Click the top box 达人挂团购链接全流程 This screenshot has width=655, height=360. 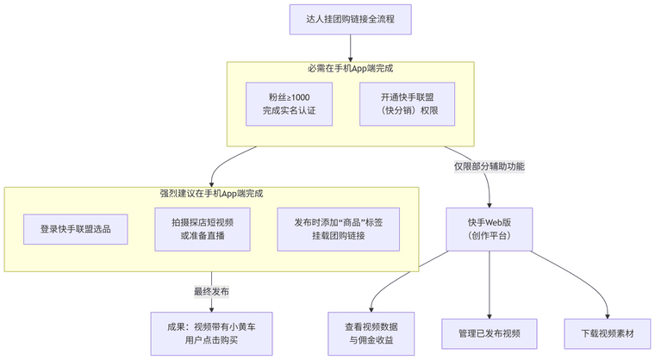[x=351, y=19]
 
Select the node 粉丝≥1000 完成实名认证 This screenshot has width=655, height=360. [x=284, y=104]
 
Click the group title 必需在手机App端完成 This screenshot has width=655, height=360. [x=351, y=68]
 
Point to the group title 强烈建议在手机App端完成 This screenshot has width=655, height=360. [x=211, y=194]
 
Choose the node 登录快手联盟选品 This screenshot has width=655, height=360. [x=77, y=230]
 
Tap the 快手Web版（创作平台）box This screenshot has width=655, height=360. [x=490, y=229]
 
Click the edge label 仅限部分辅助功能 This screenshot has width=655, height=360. [x=490, y=165]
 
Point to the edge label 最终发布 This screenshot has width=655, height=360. [x=211, y=292]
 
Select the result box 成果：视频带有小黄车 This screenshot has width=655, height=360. [x=211, y=333]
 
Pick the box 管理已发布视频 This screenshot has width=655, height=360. [x=490, y=333]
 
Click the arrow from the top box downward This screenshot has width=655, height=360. [x=351, y=48]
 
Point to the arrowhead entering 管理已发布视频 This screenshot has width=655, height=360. [x=490, y=316]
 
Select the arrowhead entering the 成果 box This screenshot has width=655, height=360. [x=211, y=308]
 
